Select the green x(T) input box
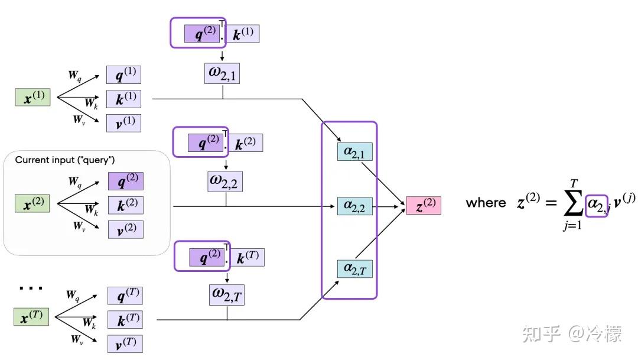point(31,317)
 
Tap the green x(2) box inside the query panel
point(32,204)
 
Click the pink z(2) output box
point(423,206)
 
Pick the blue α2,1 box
point(354,151)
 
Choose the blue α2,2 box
point(354,206)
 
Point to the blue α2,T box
point(354,268)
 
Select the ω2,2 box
point(225,181)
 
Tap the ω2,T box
point(226,294)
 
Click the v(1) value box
point(124,123)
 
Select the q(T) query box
point(125,296)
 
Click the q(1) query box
point(124,74)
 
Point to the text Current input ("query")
point(65,160)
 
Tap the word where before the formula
point(486,203)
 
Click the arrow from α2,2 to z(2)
point(389,206)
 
